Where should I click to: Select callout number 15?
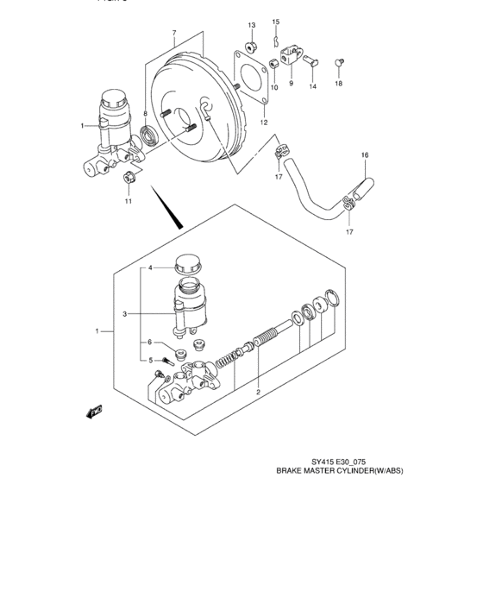pos(276,22)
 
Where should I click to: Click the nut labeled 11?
pos(127,178)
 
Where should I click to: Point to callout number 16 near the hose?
pos(365,155)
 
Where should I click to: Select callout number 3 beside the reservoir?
pos(124,314)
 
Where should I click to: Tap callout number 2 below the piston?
pos(257,391)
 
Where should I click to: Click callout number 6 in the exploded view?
pos(148,343)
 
